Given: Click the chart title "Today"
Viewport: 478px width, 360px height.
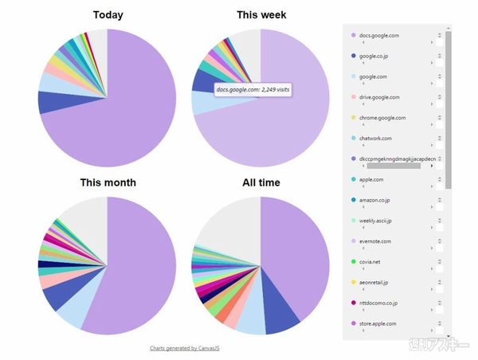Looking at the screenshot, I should pyautogui.click(x=108, y=15).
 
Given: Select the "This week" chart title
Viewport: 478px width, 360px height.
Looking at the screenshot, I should pyautogui.click(x=261, y=15).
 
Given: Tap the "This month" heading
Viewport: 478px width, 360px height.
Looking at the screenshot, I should pyautogui.click(x=108, y=182).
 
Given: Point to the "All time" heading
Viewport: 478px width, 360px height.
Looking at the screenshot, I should pyautogui.click(x=261, y=182).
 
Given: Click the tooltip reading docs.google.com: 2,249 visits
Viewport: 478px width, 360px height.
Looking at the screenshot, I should pyautogui.click(x=253, y=90).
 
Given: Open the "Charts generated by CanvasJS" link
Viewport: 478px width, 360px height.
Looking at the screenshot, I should pyautogui.click(x=185, y=348).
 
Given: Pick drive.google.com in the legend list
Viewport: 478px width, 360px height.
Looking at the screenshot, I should pyautogui.click(x=381, y=97).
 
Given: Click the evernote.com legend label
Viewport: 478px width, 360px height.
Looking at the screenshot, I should pyautogui.click(x=377, y=241).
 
